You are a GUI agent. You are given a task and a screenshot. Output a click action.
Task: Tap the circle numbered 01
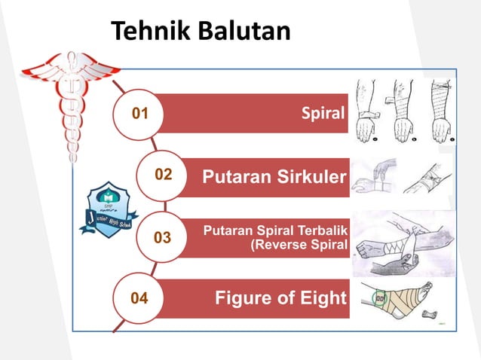[x=139, y=114]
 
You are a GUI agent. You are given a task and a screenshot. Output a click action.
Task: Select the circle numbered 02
[x=163, y=175]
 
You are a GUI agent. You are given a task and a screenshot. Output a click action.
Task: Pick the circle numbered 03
[x=162, y=238]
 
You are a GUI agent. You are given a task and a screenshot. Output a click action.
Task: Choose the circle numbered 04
[x=139, y=299]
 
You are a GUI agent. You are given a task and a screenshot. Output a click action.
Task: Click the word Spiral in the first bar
[x=323, y=114]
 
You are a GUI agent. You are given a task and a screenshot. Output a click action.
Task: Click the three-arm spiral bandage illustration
[x=406, y=109]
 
